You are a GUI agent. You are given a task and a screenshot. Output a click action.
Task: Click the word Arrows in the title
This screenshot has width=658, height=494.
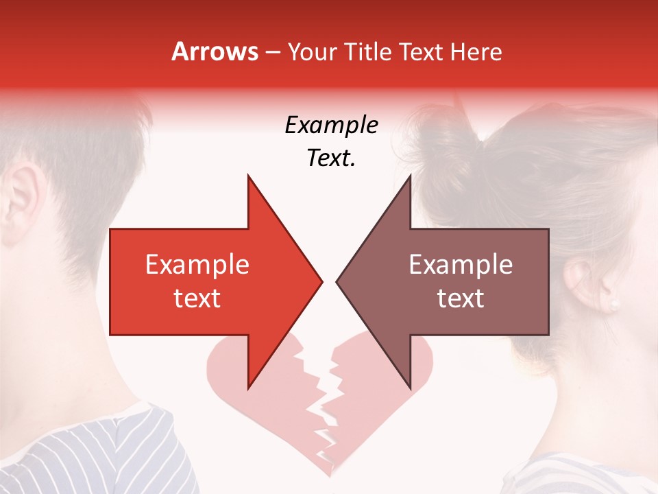click(215, 51)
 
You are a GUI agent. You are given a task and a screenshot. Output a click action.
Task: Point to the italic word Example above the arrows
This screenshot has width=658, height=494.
click(331, 126)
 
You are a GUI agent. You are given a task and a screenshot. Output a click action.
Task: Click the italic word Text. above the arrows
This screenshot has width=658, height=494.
click(331, 158)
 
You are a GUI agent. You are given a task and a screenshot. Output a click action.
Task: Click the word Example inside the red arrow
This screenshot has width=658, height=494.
click(197, 265)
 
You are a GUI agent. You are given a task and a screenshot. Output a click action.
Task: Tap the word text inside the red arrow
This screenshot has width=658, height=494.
click(197, 298)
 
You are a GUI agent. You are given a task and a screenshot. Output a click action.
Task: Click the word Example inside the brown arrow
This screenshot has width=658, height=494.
click(461, 265)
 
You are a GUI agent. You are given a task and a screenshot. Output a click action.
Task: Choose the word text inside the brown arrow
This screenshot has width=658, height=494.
click(461, 298)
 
